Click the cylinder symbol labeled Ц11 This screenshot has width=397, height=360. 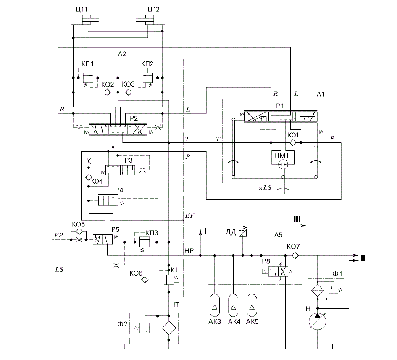pos(81,20)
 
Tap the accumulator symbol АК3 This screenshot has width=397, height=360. pos(215,305)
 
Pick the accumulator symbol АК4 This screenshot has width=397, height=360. pos(233,305)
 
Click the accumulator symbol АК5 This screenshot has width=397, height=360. pos(252,305)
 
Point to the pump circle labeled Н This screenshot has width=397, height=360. pos(318,321)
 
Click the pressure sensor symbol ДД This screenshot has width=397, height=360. pos(242,233)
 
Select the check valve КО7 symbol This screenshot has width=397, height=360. pos(295,255)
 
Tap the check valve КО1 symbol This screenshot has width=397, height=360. pos(293,142)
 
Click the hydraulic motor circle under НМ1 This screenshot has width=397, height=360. pos(283,165)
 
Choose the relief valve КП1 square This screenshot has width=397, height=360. pos(88,78)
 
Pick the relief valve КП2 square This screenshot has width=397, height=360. pos(147,78)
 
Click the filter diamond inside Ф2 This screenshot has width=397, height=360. pos(169,328)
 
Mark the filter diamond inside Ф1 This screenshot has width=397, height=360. pos(318,290)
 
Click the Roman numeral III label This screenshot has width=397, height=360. pos(297,219)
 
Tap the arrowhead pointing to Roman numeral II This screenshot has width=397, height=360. pos(356,255)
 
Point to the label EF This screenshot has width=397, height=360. pos(189,215)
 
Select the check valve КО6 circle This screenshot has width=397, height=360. pos(145,280)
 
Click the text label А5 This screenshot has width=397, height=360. pos(278,235)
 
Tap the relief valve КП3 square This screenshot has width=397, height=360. pos(145,242)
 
